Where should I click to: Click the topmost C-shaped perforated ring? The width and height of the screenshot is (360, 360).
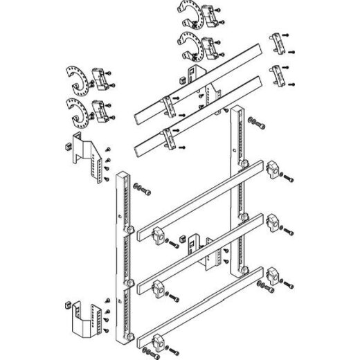coord(189,15)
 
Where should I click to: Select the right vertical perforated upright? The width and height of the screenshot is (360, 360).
coord(238,194)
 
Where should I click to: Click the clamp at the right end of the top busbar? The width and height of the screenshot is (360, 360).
coord(273,168)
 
